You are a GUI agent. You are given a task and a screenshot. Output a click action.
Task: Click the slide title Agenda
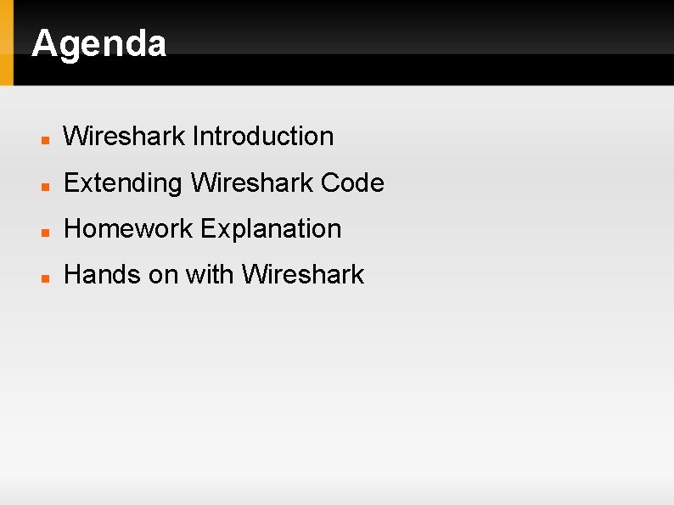point(98,43)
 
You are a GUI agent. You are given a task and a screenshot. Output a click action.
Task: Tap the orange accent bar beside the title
point(7,42)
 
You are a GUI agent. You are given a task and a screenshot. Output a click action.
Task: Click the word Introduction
point(263,136)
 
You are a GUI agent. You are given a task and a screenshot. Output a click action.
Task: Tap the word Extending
point(124,182)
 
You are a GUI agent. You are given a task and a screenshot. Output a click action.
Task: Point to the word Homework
point(129,229)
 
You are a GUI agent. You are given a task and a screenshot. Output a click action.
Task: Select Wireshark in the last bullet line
point(303,275)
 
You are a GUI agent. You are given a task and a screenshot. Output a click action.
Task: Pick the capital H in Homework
point(72,229)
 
